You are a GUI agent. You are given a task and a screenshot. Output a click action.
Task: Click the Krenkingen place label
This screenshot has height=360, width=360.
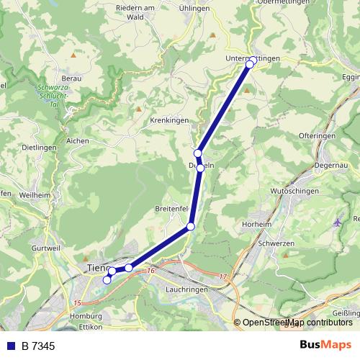point(169,120)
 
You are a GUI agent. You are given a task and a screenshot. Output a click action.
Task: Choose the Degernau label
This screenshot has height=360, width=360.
point(330,165)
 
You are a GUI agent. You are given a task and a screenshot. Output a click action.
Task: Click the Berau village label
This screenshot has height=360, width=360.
point(71,77)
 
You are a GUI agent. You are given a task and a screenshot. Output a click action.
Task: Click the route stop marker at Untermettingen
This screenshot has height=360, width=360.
point(250,64)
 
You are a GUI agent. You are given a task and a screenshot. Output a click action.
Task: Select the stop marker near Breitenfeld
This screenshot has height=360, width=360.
point(191,227)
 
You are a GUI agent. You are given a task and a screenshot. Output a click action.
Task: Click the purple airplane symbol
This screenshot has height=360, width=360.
point(338,221)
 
